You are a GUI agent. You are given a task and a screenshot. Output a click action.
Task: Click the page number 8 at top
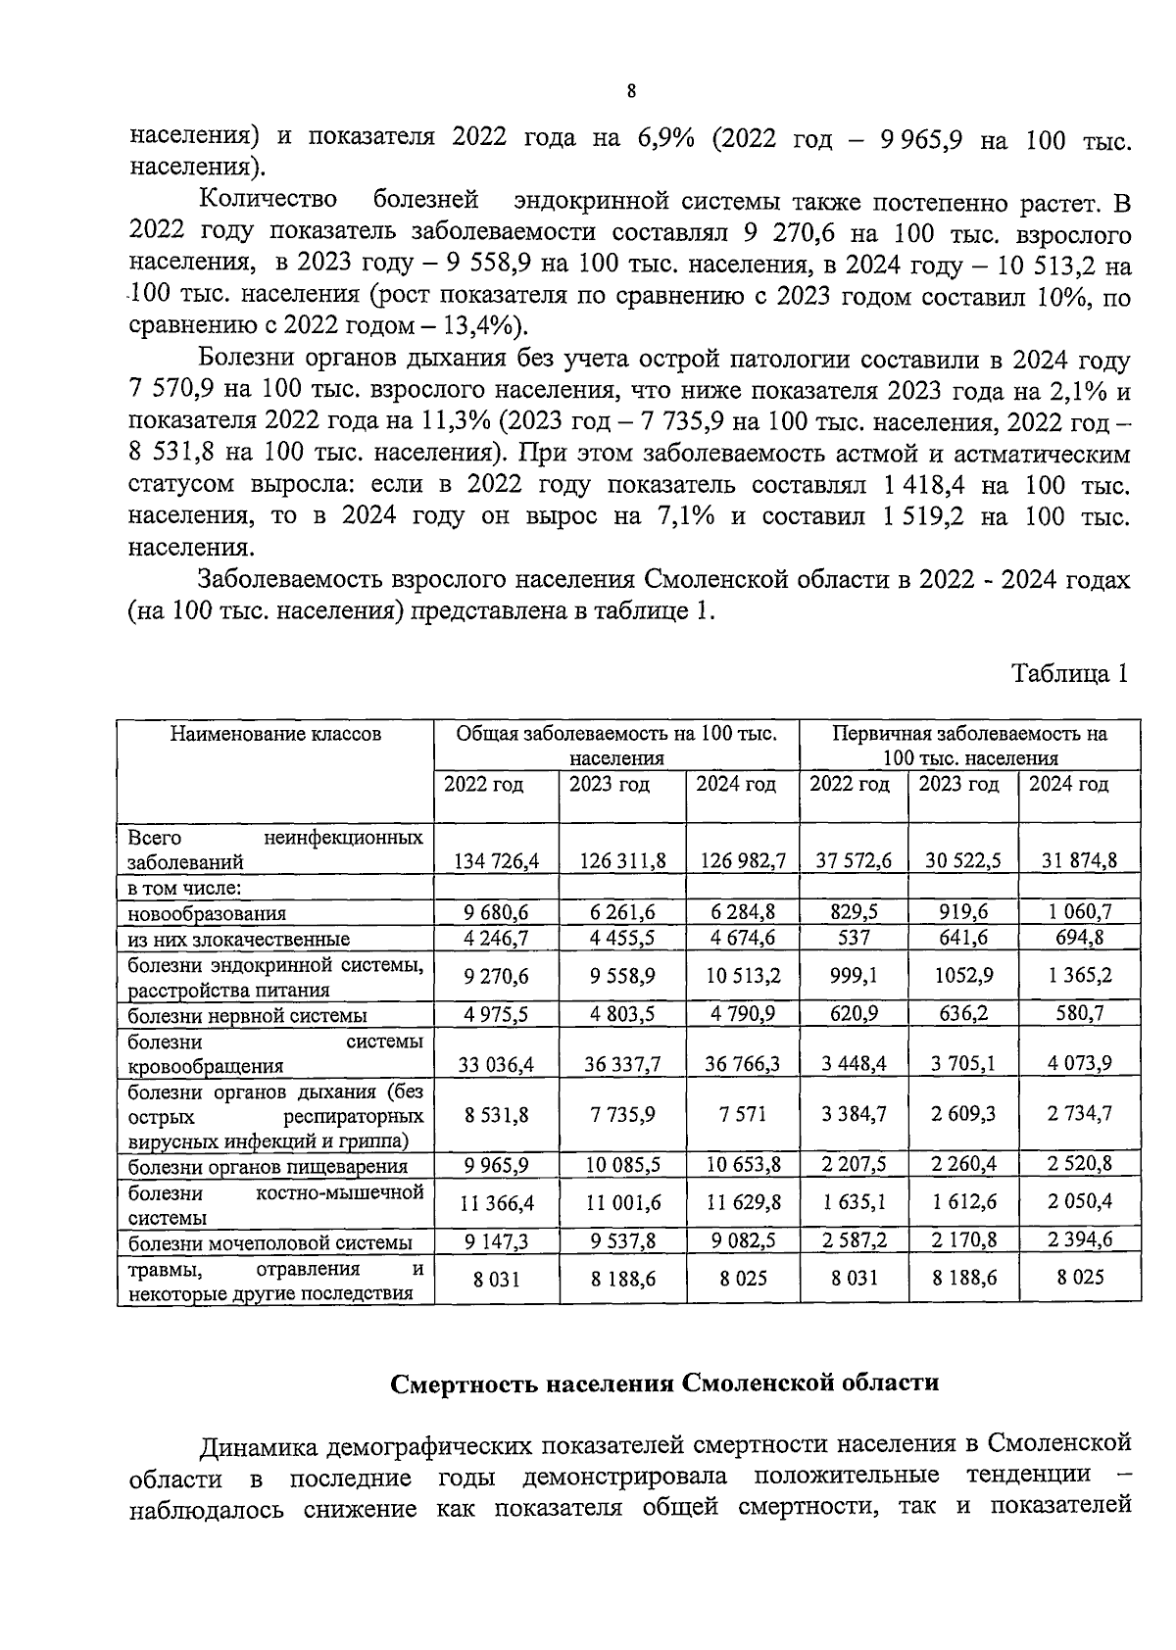point(631,91)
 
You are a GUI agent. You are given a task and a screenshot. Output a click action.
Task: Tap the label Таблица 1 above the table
point(1070,673)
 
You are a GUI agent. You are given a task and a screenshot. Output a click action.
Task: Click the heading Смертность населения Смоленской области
point(664,1383)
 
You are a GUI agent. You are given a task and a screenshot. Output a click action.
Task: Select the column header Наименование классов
point(275,734)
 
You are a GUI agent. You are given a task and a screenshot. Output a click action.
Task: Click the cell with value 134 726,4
point(497,861)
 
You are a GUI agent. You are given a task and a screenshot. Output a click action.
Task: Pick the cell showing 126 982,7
point(743,861)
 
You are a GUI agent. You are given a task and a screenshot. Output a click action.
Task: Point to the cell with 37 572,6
point(855,861)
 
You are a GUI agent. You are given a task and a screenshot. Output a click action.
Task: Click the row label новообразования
point(207,913)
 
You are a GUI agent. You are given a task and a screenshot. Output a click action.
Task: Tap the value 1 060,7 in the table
point(1080,912)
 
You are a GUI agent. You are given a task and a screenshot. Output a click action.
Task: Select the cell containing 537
point(855,938)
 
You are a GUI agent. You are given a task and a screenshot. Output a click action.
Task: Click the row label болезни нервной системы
point(248,1015)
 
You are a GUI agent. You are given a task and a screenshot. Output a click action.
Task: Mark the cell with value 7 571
point(743,1114)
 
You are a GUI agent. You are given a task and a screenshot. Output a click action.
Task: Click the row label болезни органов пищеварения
point(268,1166)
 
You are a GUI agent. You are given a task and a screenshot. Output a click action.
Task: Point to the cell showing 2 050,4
point(1080,1201)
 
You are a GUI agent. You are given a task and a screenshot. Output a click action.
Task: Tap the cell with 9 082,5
point(743,1240)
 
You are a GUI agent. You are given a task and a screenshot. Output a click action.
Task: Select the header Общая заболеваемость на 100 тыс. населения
point(617,746)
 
